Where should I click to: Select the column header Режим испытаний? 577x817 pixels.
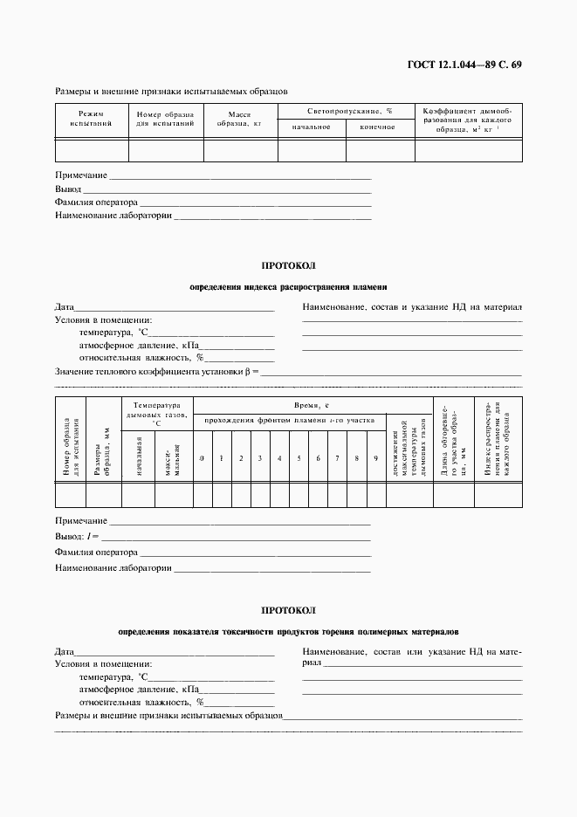pyautogui.click(x=91, y=118)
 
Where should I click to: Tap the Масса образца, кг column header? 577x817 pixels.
pyautogui.click(x=240, y=119)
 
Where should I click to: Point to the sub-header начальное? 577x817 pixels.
pyautogui.click(x=311, y=127)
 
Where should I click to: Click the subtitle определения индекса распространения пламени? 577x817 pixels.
pyautogui.click(x=288, y=286)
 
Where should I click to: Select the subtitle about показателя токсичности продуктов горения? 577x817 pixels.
pyautogui.click(x=288, y=631)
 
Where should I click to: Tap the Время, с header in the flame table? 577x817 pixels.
pyautogui.click(x=312, y=406)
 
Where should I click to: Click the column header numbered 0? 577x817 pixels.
pyautogui.click(x=202, y=459)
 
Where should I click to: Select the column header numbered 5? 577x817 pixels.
pyautogui.click(x=299, y=459)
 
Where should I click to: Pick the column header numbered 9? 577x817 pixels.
pyautogui.click(x=375, y=459)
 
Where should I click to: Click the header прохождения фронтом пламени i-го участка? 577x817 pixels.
pyautogui.click(x=290, y=421)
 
